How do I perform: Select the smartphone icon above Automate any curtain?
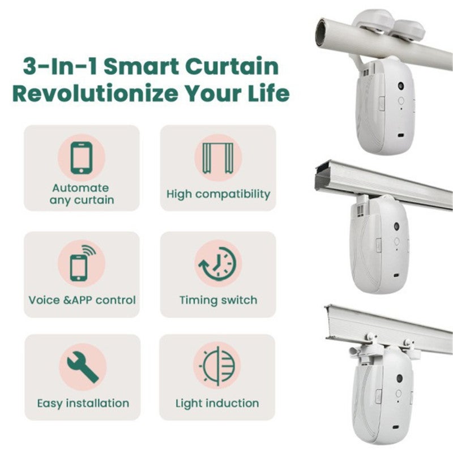[82, 157]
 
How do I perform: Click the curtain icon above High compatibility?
[218, 157]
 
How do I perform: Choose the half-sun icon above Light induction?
[218, 367]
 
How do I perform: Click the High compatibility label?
[218, 194]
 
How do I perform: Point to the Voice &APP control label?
[82, 300]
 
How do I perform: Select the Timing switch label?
[218, 300]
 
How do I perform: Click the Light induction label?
[217, 404]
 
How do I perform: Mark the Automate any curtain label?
[82, 194]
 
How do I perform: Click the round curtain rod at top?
[385, 45]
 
